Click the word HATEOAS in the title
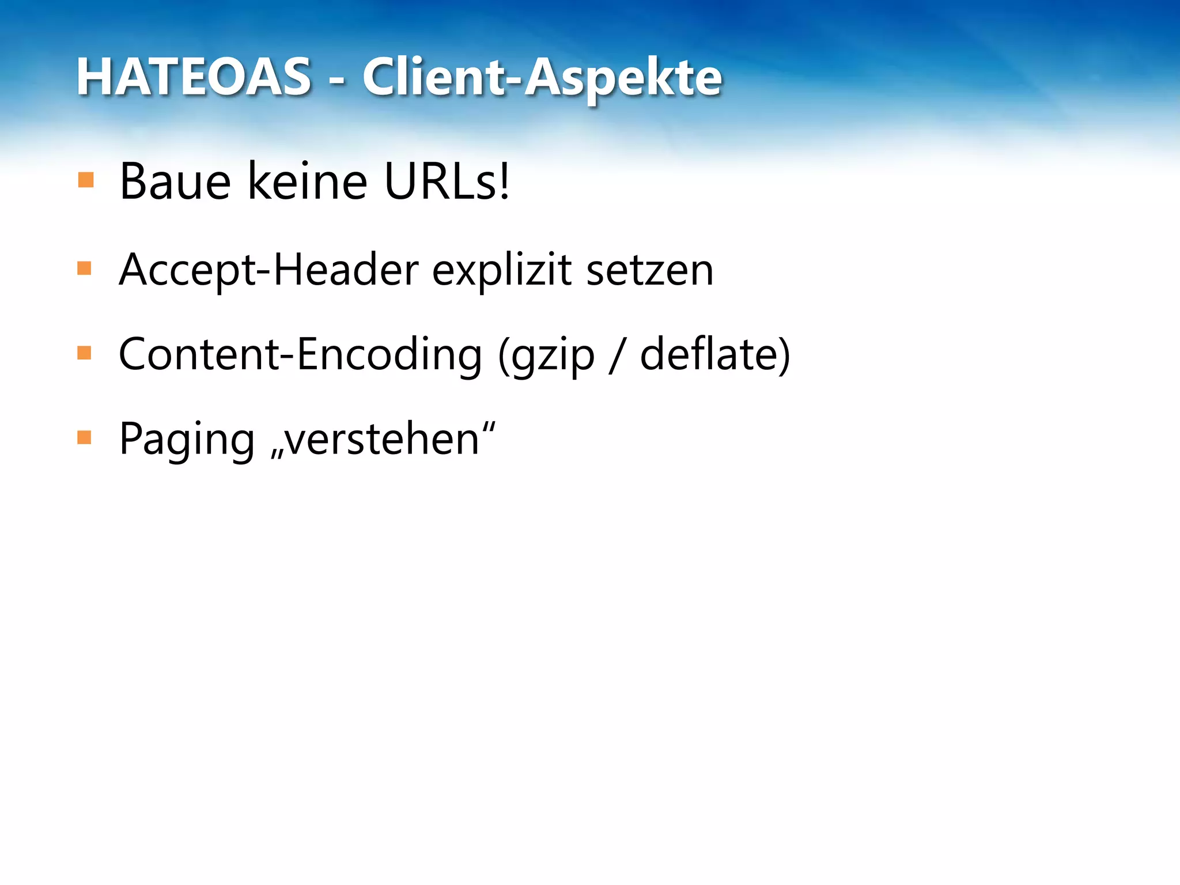194,77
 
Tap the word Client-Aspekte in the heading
542,78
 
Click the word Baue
175,182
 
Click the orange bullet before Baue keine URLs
85,180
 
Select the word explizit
502,270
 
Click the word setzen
650,270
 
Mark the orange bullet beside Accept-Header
85,268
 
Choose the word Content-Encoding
300,354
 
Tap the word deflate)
715,354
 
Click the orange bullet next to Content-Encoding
85,353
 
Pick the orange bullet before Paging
85,438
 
